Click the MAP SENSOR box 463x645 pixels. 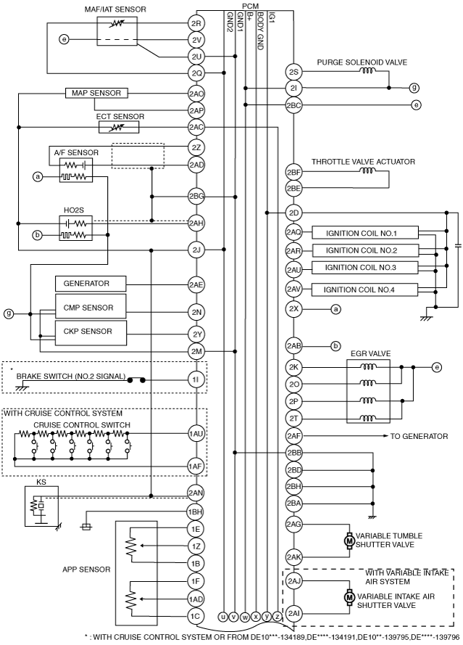(96, 93)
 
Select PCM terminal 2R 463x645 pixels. (196, 23)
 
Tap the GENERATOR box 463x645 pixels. (91, 284)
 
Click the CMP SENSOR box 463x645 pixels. (91, 306)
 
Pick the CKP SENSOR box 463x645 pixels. (91, 333)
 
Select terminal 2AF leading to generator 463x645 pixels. (293, 435)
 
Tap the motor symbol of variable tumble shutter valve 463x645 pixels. (349, 540)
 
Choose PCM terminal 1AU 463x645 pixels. (196, 433)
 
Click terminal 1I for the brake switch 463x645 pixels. (196, 379)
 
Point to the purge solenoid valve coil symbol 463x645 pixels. (367, 71)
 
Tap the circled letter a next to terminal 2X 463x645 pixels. (335, 308)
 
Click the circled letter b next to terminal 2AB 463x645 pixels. (335, 346)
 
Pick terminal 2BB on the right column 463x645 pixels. (293, 453)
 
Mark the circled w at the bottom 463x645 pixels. (245, 616)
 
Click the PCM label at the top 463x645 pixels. (250, 7)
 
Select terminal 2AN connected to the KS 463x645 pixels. (196, 493)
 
